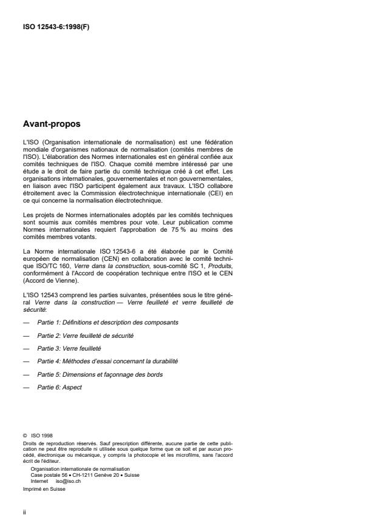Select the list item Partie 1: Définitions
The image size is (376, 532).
109,322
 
